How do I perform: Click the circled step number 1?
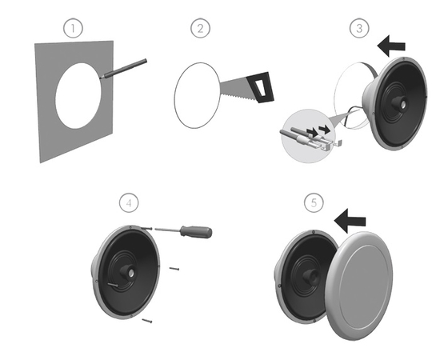[73, 28]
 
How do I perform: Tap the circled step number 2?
[200, 28]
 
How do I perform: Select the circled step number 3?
[359, 28]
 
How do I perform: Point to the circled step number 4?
[129, 202]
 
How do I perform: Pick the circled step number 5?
[314, 202]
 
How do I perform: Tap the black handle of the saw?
[260, 87]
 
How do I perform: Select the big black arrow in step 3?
[391, 46]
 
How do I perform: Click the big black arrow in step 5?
[350, 221]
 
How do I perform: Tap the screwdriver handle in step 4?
[196, 232]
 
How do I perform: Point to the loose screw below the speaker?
[147, 321]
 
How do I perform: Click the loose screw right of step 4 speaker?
[174, 269]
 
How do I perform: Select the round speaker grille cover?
[359, 286]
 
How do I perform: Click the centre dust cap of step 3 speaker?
[399, 103]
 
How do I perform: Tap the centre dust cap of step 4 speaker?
[128, 271]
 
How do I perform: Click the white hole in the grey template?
[78, 96]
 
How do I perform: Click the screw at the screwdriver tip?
[146, 229]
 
